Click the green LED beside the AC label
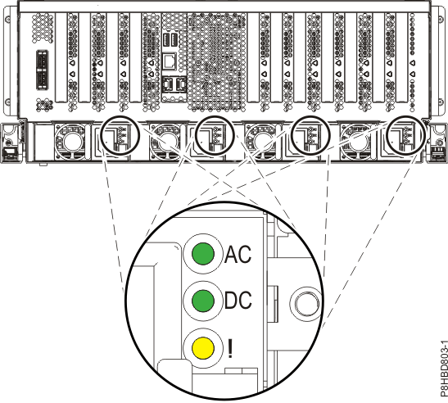tap(204, 254)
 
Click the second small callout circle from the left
tap(212, 135)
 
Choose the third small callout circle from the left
tap(310, 135)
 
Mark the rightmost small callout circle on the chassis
tap(407, 135)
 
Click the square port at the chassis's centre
tap(168, 61)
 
